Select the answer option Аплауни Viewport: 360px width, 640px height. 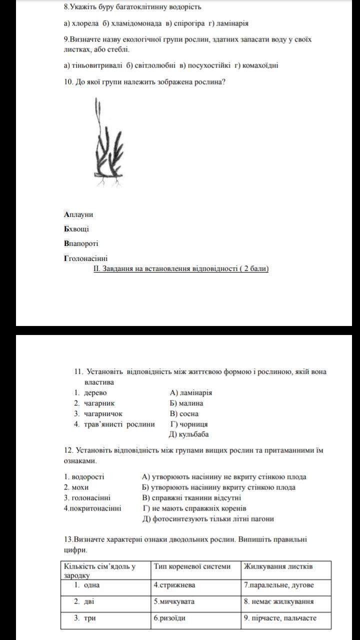coord(78,214)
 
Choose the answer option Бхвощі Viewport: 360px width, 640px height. coord(76,229)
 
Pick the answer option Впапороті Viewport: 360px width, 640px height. coord(81,243)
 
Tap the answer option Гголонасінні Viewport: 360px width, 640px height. coord(85,258)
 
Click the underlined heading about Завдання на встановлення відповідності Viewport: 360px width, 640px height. coord(181,268)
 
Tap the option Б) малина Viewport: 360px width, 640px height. coord(186,403)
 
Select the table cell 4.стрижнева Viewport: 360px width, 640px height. coord(174,585)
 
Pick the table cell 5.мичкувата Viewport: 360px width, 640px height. coord(174,601)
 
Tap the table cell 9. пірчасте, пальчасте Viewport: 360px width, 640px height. coord(280,618)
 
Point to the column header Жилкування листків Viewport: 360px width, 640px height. coord(278,566)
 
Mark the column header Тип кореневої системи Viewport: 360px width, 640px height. coord(192,566)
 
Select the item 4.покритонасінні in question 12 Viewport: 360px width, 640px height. coord(92,508)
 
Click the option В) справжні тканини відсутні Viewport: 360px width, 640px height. coord(191,497)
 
